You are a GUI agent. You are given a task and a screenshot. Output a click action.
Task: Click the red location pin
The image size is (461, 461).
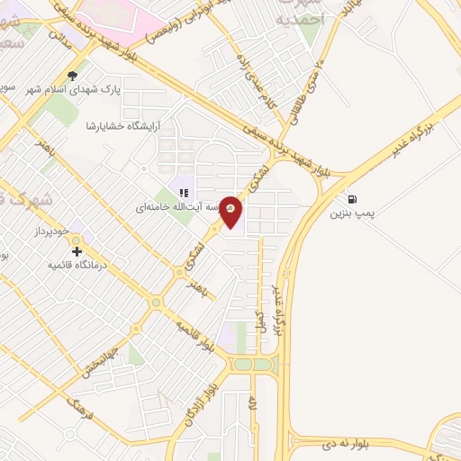click(x=231, y=211)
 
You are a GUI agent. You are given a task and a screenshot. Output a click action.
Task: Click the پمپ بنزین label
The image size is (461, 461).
click(x=352, y=214)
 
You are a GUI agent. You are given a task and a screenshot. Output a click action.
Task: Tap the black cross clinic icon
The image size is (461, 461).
click(x=77, y=251)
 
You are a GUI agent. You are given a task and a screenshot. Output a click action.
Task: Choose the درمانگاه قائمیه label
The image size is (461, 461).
click(x=77, y=266)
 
